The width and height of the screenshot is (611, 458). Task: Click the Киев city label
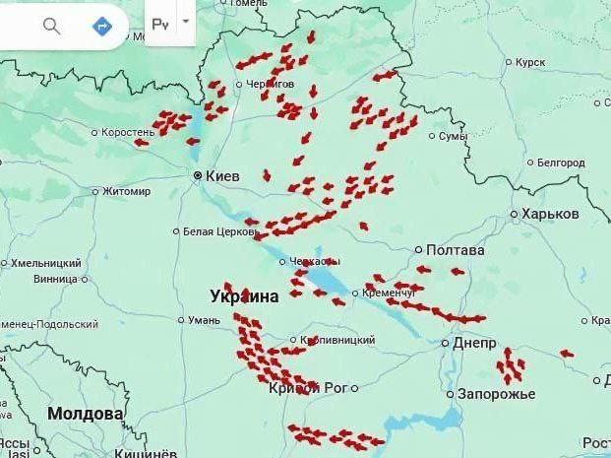pos(223,176)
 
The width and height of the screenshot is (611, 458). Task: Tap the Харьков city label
pos(551,214)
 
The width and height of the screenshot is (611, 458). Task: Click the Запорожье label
pos(497,394)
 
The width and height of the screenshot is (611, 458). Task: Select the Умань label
pos(205,320)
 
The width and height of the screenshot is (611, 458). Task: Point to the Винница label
pos(55,279)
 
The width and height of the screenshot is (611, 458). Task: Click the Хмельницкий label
pos(46,263)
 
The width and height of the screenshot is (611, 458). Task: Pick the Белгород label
pos(562,163)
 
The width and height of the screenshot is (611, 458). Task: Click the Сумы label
pos(453,136)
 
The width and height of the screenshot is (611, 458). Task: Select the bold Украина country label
pos(244,295)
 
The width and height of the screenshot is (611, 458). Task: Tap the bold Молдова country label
pos(86,414)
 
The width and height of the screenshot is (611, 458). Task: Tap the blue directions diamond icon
pos(101,26)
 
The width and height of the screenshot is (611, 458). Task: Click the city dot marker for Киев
pos(198,176)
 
